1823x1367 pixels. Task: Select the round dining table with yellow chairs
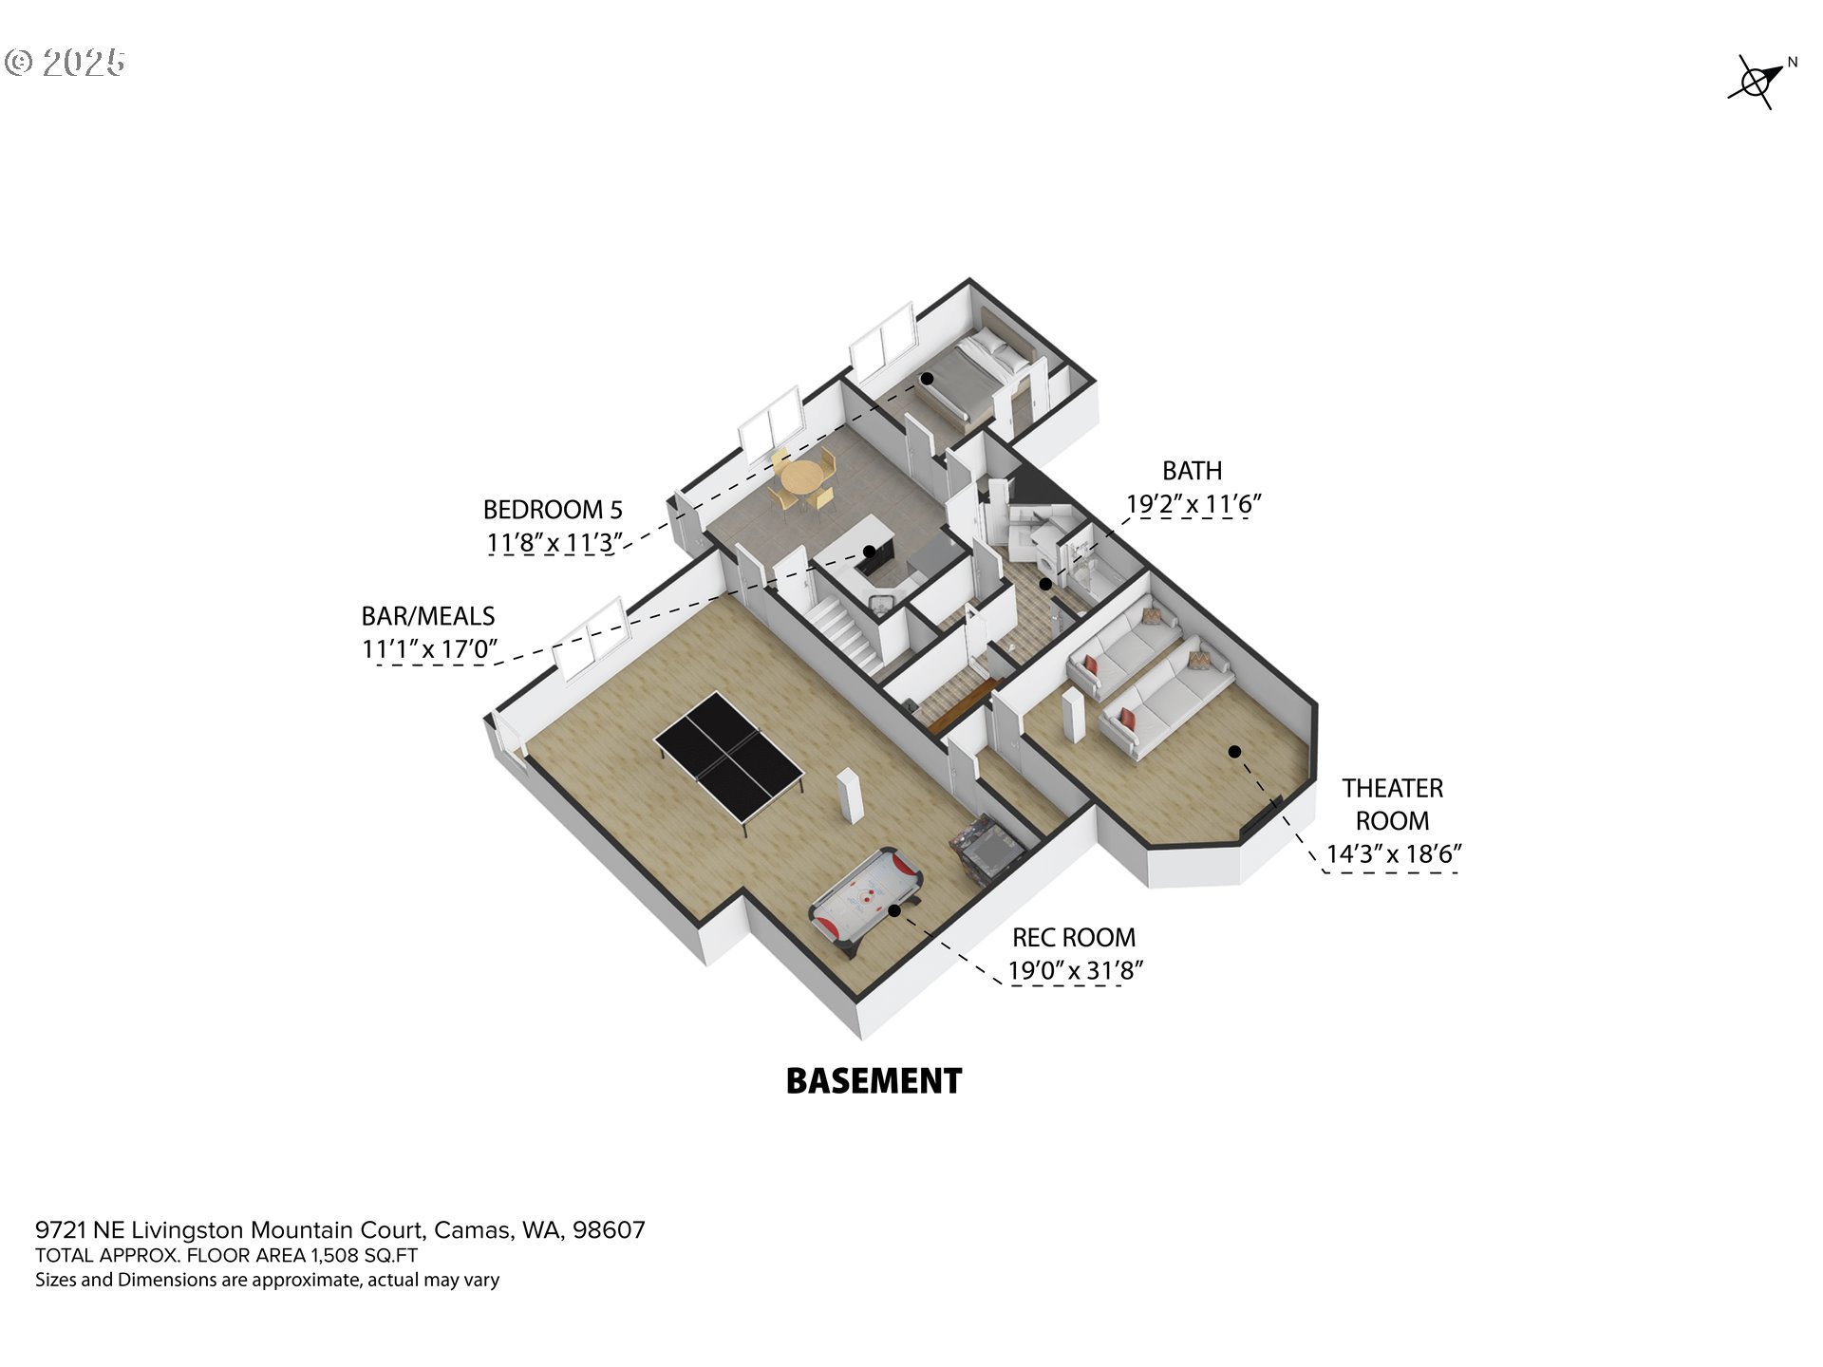(803, 478)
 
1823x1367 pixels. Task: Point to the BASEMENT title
(874, 1081)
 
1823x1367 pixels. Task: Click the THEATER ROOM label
(1392, 804)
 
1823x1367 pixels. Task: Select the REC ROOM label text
(1073, 938)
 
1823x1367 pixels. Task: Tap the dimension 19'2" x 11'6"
(1193, 505)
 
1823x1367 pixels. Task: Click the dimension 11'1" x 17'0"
(429, 649)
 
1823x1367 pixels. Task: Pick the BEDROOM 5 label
(553, 510)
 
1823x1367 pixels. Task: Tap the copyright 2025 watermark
(65, 63)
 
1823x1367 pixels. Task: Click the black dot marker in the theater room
(1234, 752)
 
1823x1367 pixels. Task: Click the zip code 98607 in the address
(609, 1230)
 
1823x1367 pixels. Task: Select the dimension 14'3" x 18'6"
(1393, 854)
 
